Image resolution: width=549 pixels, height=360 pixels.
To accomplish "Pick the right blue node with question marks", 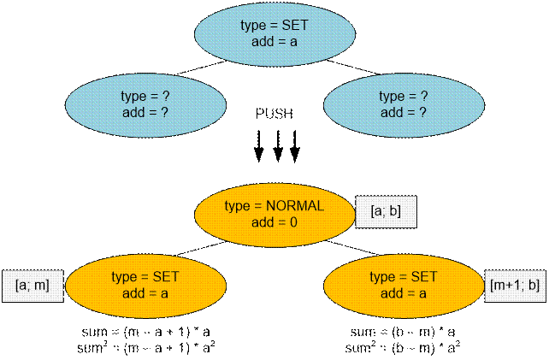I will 403,104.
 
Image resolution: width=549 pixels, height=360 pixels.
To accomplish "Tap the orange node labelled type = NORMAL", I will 274,214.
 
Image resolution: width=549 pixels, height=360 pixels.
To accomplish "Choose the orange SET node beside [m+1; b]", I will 402,285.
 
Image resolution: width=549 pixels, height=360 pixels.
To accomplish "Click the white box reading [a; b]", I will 385,210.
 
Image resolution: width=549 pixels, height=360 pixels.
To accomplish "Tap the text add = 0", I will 274,221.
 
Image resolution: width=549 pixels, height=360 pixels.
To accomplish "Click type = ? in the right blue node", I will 403,97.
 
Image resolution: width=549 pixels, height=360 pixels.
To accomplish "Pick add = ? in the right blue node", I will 403,112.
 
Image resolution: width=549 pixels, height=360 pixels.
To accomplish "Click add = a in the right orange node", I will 402,292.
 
